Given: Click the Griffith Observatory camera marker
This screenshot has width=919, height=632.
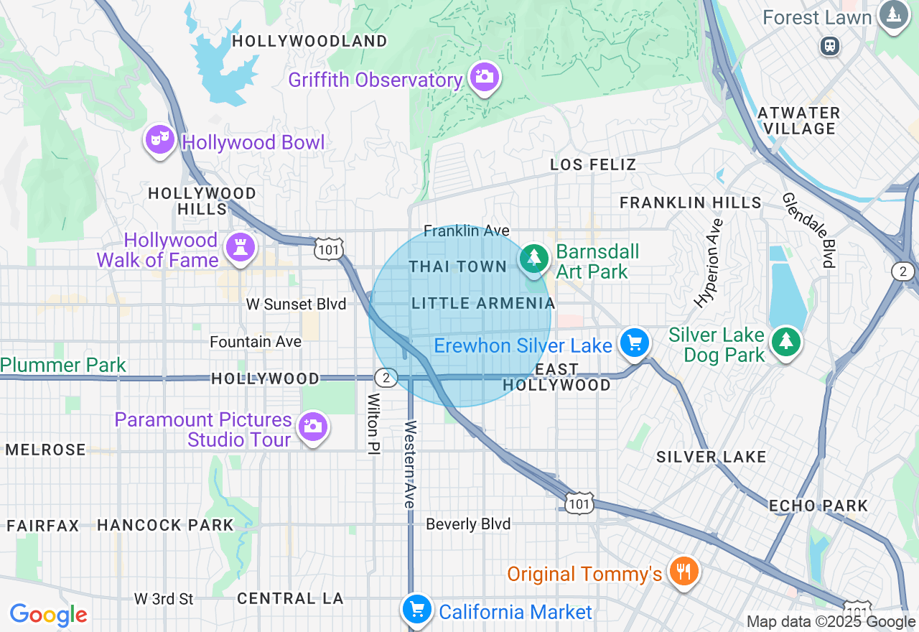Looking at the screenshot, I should (484, 76).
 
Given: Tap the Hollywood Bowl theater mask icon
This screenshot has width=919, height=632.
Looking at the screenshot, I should (159, 138).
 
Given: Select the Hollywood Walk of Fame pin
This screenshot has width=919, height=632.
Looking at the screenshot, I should (240, 247).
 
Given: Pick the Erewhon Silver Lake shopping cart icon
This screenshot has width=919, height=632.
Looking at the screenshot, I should (635, 343).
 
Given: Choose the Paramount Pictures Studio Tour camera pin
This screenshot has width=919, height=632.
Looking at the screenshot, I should (312, 426).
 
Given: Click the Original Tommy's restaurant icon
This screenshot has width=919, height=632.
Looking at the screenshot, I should (682, 572).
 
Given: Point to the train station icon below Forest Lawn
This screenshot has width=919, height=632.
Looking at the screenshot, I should (830, 46).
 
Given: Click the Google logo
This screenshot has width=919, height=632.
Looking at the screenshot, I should (48, 615).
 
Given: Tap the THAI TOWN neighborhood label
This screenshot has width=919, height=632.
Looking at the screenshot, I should (458, 266).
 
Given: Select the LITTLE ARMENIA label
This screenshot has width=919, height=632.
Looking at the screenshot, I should (484, 303).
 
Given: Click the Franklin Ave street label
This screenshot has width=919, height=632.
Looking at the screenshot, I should (466, 231).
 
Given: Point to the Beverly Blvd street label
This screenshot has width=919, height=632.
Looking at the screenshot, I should (468, 524).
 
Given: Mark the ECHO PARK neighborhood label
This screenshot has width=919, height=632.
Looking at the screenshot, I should (818, 506).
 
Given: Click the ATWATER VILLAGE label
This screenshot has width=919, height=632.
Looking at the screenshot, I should (798, 121).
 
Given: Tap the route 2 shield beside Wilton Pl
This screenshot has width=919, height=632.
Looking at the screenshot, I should (386, 378).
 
